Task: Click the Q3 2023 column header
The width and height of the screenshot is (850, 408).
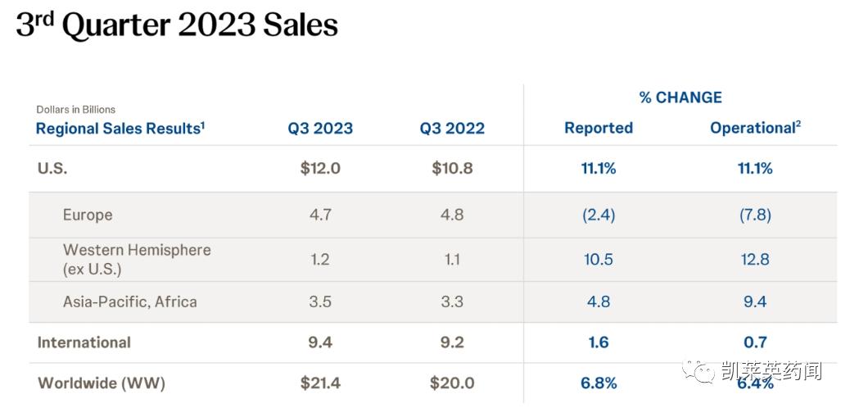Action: point(320,129)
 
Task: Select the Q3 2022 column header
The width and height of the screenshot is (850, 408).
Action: point(452,129)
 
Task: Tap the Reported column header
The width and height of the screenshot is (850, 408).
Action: point(599,129)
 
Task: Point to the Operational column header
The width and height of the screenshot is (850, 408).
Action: point(754,129)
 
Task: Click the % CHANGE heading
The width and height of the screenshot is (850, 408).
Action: point(680,97)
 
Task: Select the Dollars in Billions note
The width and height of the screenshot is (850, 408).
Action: point(76,110)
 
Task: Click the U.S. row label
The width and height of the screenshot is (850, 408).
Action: point(52,169)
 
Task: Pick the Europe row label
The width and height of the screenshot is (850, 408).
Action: point(88,215)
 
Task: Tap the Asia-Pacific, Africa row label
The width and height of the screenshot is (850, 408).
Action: point(130,301)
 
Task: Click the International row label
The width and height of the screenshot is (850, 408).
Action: point(84,342)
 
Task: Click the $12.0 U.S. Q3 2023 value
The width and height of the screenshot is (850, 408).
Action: point(320,169)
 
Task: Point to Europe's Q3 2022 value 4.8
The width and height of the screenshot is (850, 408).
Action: point(452,215)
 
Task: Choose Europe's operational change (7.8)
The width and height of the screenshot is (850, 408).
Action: point(754,215)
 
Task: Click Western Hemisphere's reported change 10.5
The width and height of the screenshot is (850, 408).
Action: point(599,259)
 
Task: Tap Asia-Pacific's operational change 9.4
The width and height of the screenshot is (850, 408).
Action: point(754,301)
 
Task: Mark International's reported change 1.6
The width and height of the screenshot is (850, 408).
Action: point(599,342)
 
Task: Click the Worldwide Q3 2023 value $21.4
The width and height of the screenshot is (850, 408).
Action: point(320,383)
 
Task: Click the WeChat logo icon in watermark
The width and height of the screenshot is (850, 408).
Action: point(699,371)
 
